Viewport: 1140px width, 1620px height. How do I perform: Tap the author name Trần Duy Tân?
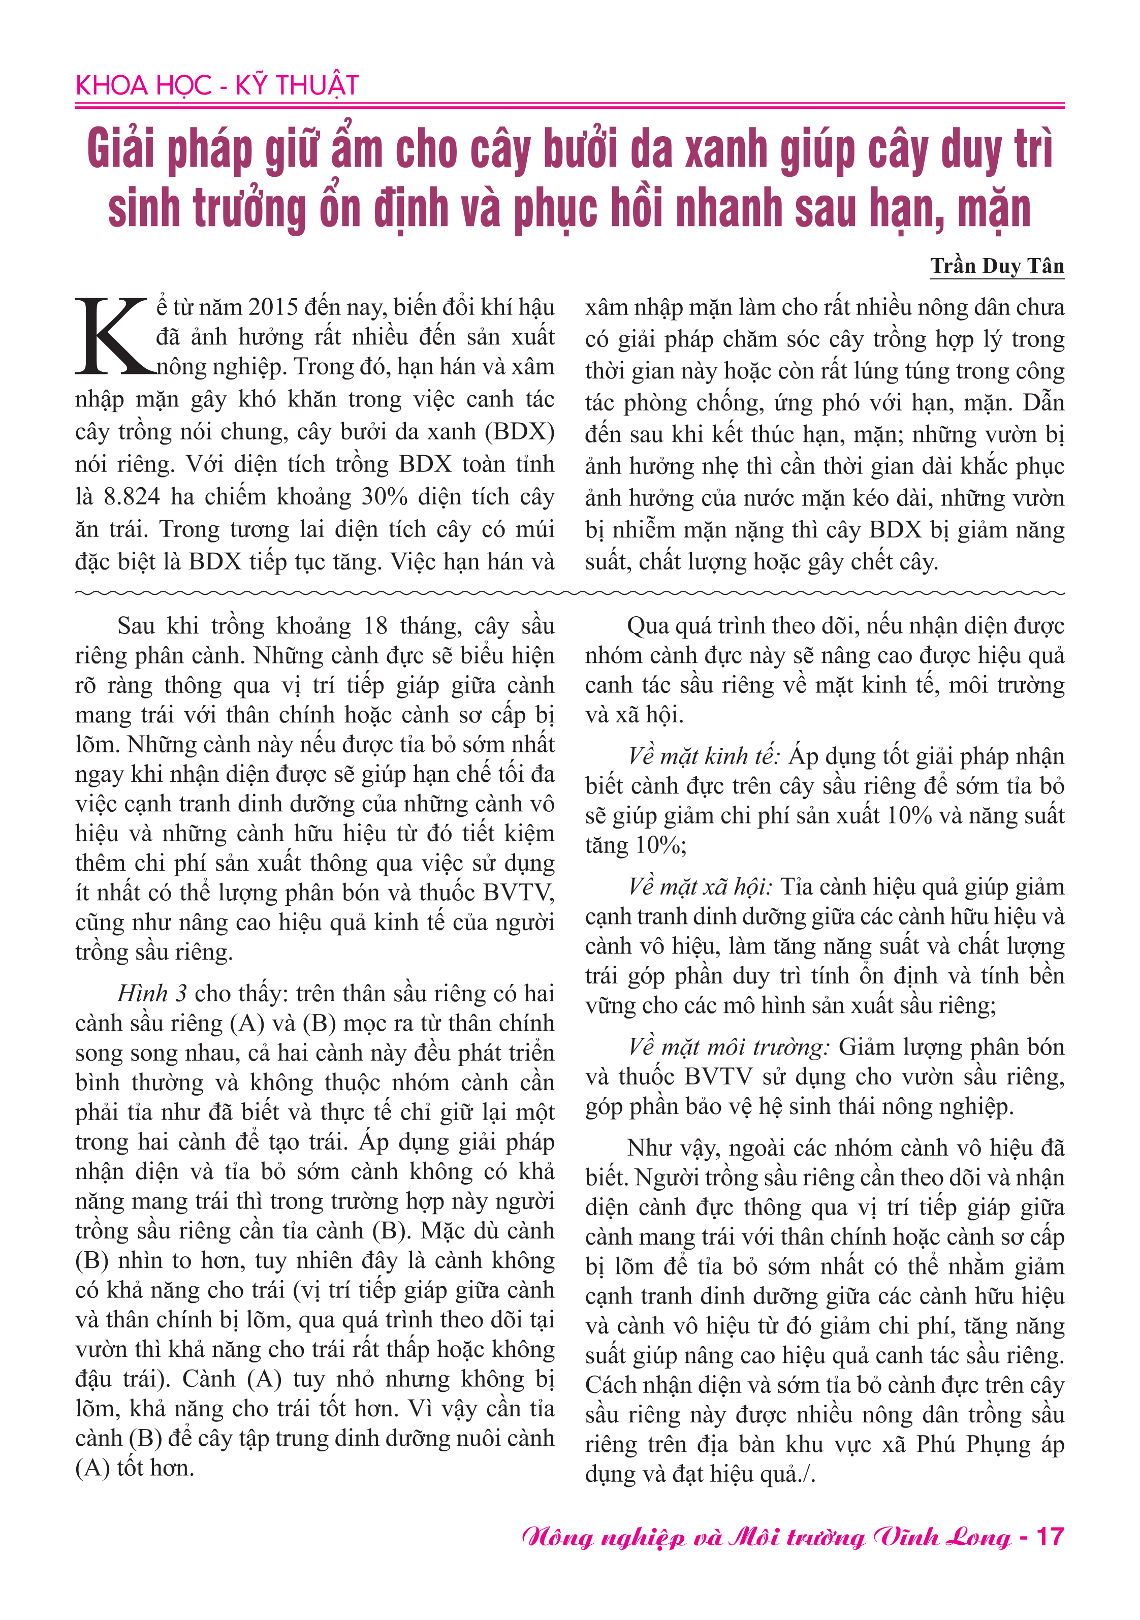(x=996, y=266)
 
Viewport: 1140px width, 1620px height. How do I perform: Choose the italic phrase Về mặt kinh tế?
(x=703, y=756)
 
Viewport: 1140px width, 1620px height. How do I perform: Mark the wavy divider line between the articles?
(x=569, y=593)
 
